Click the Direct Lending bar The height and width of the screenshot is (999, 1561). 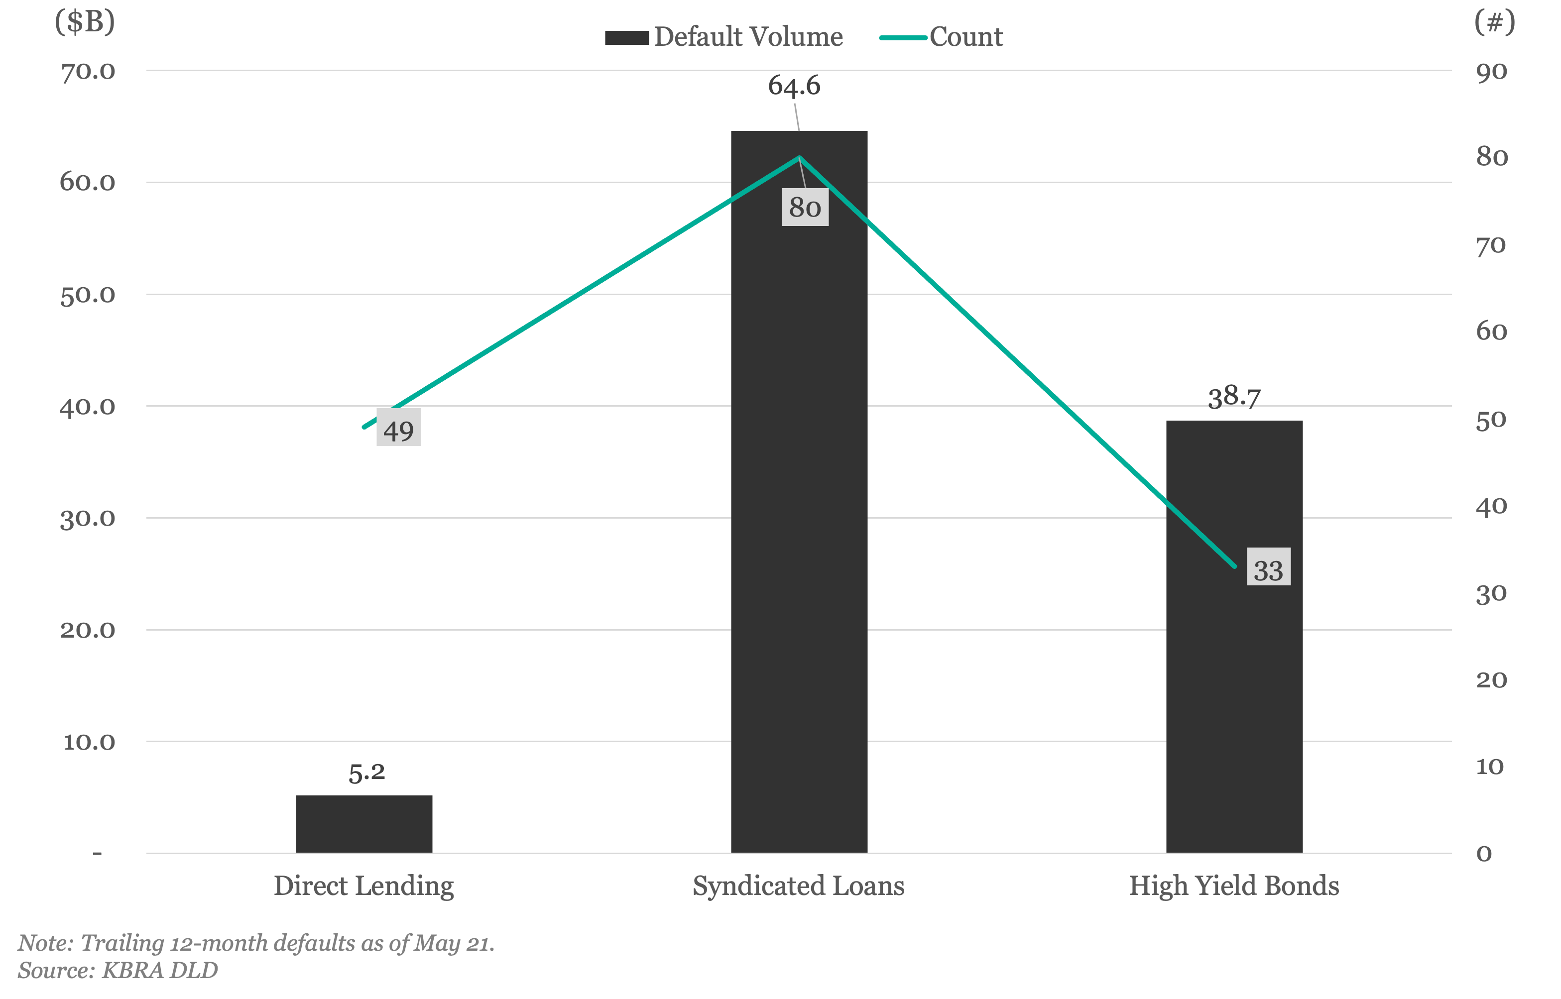[x=364, y=823]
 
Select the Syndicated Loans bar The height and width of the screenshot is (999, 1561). [x=799, y=491]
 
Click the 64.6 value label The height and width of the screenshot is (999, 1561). [x=794, y=86]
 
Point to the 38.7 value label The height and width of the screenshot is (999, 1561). [x=1234, y=397]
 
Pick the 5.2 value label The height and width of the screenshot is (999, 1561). [x=366, y=772]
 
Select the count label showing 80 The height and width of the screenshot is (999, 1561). [x=805, y=208]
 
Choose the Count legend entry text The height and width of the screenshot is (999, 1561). [x=966, y=37]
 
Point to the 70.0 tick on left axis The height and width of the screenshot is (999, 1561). [x=88, y=71]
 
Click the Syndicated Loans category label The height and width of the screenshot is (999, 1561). [x=798, y=886]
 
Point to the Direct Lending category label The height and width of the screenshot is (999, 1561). [x=363, y=886]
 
